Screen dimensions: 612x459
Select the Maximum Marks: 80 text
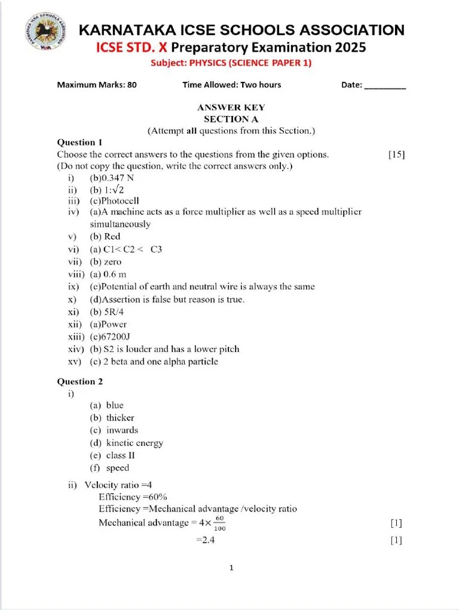(97, 85)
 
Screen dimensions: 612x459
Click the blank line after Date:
(385, 85)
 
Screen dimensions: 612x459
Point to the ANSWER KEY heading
(231, 108)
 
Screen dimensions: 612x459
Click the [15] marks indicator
(396, 154)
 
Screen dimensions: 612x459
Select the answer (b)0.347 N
(112, 178)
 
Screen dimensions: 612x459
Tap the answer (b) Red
(105, 237)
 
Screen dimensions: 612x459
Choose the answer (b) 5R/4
(107, 312)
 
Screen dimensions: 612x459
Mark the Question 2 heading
(79, 381)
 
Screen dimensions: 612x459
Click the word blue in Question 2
(115, 405)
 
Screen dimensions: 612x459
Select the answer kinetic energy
(134, 443)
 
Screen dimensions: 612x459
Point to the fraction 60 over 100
(219, 524)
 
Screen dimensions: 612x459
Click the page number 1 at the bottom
(231, 568)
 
